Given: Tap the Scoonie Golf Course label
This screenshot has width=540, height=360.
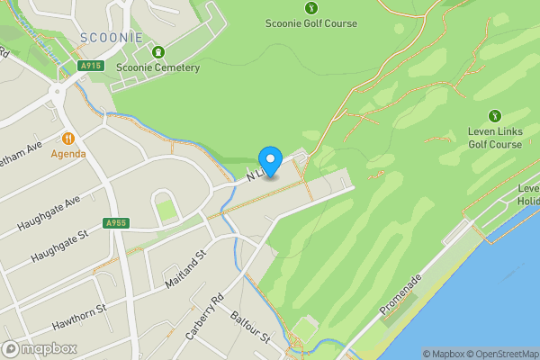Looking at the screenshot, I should pyautogui.click(x=311, y=23).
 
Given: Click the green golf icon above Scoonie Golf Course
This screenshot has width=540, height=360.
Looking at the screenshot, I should pyautogui.click(x=311, y=7).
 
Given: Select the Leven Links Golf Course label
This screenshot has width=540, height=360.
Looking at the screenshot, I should pyautogui.click(x=494, y=138).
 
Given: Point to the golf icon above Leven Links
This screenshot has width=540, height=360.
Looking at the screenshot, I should pyautogui.click(x=494, y=115).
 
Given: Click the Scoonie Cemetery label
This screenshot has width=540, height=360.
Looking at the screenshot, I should pyautogui.click(x=158, y=66).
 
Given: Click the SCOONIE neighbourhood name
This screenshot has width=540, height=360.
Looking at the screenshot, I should pyautogui.click(x=111, y=37).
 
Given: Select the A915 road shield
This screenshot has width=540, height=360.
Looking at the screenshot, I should pyautogui.click(x=89, y=66).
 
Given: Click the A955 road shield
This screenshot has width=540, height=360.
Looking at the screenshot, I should pyautogui.click(x=115, y=223).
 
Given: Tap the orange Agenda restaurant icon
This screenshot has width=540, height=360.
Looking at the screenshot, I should pyautogui.click(x=68, y=139).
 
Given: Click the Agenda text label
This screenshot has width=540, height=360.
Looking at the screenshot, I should pyautogui.click(x=68, y=154).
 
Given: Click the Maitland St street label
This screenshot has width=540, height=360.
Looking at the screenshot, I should pyautogui.click(x=186, y=269).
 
